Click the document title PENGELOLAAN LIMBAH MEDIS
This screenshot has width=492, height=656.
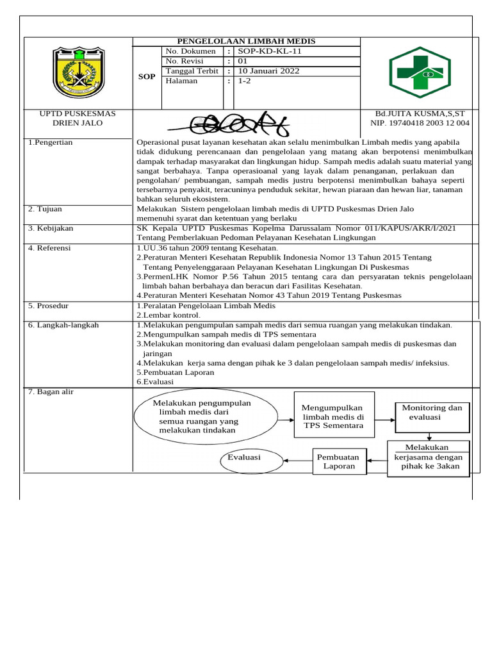[x=246, y=42]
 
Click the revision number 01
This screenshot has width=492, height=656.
[x=243, y=61]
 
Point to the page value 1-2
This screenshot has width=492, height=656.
[x=245, y=81]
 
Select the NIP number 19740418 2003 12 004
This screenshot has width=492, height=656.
[x=420, y=123]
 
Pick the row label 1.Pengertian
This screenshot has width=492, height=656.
[x=51, y=142]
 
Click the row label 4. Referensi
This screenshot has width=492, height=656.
[x=49, y=248]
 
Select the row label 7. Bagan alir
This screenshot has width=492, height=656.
[x=51, y=391]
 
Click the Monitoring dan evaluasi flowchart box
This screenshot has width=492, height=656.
[x=432, y=417]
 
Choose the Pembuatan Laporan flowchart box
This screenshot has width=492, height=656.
[x=339, y=461]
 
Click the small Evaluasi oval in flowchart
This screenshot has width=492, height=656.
[x=245, y=458]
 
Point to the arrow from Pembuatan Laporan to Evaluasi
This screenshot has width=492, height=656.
[x=298, y=459]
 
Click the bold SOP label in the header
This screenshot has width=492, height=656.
[x=147, y=77]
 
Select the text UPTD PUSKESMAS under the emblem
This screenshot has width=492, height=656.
[x=78, y=113]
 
